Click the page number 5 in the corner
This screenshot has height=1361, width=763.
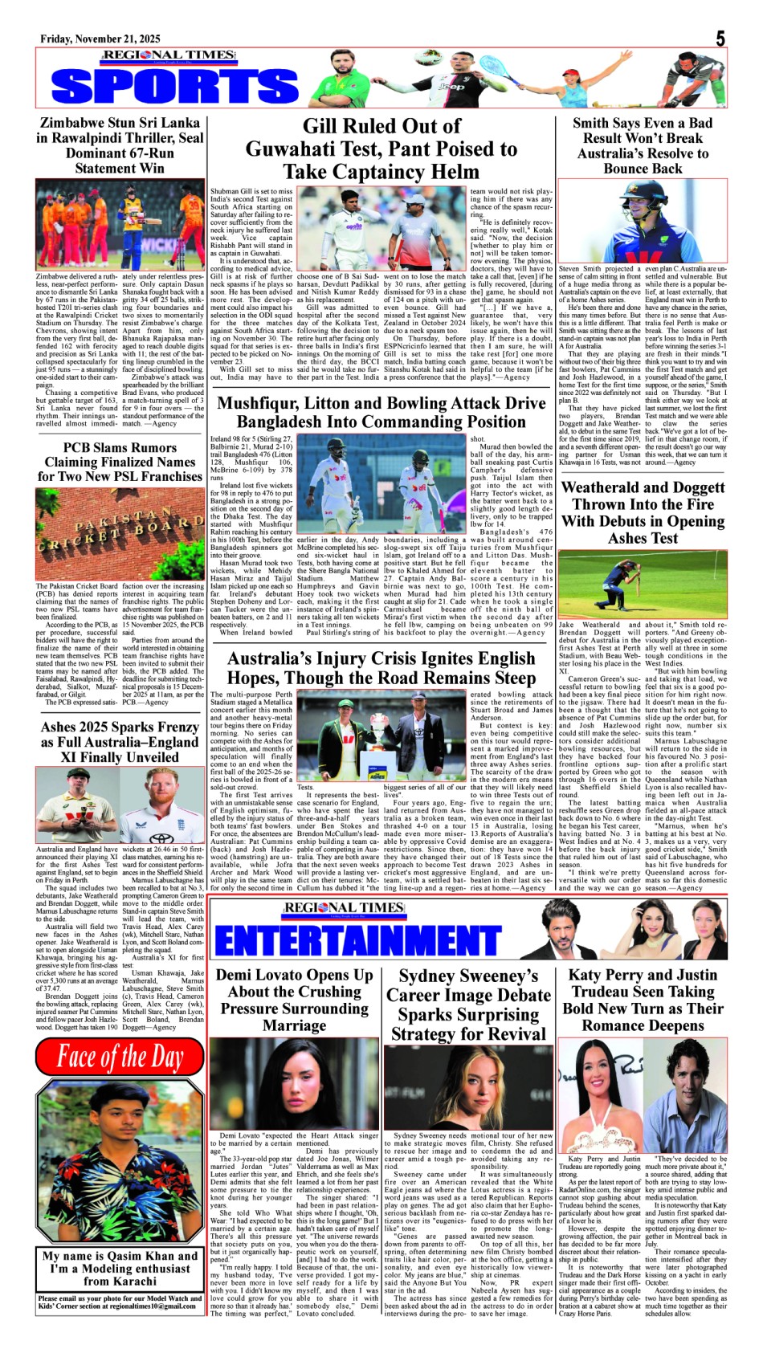[x=720, y=39]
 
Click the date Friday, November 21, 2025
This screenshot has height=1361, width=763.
[x=100, y=39]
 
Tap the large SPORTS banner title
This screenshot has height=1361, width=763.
[x=173, y=86]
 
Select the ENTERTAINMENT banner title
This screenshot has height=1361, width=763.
[x=358, y=939]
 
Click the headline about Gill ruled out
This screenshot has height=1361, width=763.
[x=381, y=149]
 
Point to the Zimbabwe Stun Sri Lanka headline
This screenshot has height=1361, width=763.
[x=120, y=145]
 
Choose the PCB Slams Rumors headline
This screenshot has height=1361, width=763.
[x=120, y=462]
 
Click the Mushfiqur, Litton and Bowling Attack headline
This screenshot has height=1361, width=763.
[x=381, y=412]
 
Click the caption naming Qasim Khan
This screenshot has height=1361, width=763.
[x=120, y=1268]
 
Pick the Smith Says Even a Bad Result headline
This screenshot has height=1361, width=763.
[x=643, y=145]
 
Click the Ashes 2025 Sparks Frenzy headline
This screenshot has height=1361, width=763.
[x=120, y=742]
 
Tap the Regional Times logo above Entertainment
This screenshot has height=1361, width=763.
[x=343, y=908]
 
